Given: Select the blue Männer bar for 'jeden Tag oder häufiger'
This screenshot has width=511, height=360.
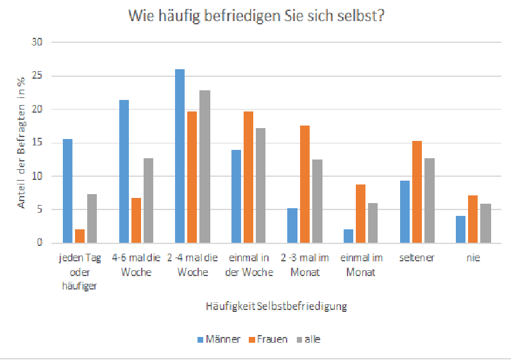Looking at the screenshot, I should tap(68, 191).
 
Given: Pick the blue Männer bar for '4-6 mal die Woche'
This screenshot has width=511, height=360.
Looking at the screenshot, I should tap(124, 172).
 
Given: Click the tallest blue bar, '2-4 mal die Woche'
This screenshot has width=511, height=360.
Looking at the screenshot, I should tap(180, 156).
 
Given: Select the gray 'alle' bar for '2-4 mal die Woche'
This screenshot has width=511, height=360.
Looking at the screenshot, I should tap(205, 167).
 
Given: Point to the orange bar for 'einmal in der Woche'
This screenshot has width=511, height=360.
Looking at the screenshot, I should tap(248, 177).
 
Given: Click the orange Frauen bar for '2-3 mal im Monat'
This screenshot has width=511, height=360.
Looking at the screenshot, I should tap(305, 184).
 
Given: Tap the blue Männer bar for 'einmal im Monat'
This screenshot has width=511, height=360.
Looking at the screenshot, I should tap(348, 236).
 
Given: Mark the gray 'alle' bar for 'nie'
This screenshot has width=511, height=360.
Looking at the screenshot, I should tap(485, 224).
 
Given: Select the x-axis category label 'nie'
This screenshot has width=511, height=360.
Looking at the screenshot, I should tap(473, 258).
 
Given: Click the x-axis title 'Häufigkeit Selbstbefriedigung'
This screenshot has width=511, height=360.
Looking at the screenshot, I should tap(276, 306).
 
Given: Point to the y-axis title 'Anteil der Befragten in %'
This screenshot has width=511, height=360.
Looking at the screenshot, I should tap(21, 143).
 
